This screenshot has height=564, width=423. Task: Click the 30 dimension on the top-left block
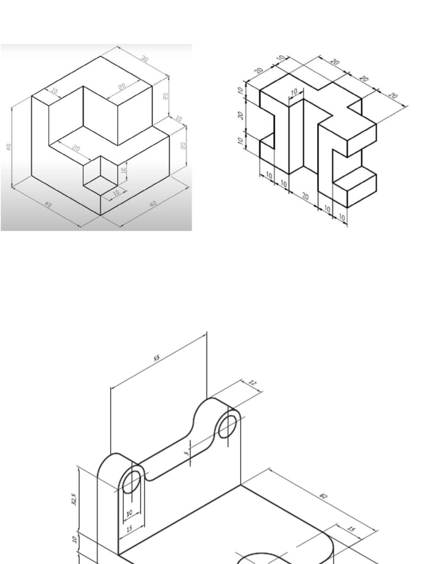145,59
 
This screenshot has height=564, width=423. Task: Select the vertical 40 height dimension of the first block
9,147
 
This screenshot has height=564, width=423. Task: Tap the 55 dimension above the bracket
156,359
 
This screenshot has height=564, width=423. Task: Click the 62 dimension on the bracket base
323,496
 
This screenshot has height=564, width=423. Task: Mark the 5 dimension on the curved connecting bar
187,453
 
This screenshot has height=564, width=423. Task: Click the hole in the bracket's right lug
227,426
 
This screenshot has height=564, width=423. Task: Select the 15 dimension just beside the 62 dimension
351,529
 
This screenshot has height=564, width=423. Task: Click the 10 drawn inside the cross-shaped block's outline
294,91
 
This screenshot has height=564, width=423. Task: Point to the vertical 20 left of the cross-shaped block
241,116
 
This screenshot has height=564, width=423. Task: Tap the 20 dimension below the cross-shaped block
305,197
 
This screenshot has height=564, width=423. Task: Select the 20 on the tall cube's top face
122,86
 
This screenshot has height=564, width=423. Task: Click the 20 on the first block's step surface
76,149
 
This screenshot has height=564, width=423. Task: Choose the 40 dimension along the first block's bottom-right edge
153,204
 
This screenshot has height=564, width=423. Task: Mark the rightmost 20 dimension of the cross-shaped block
393,96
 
